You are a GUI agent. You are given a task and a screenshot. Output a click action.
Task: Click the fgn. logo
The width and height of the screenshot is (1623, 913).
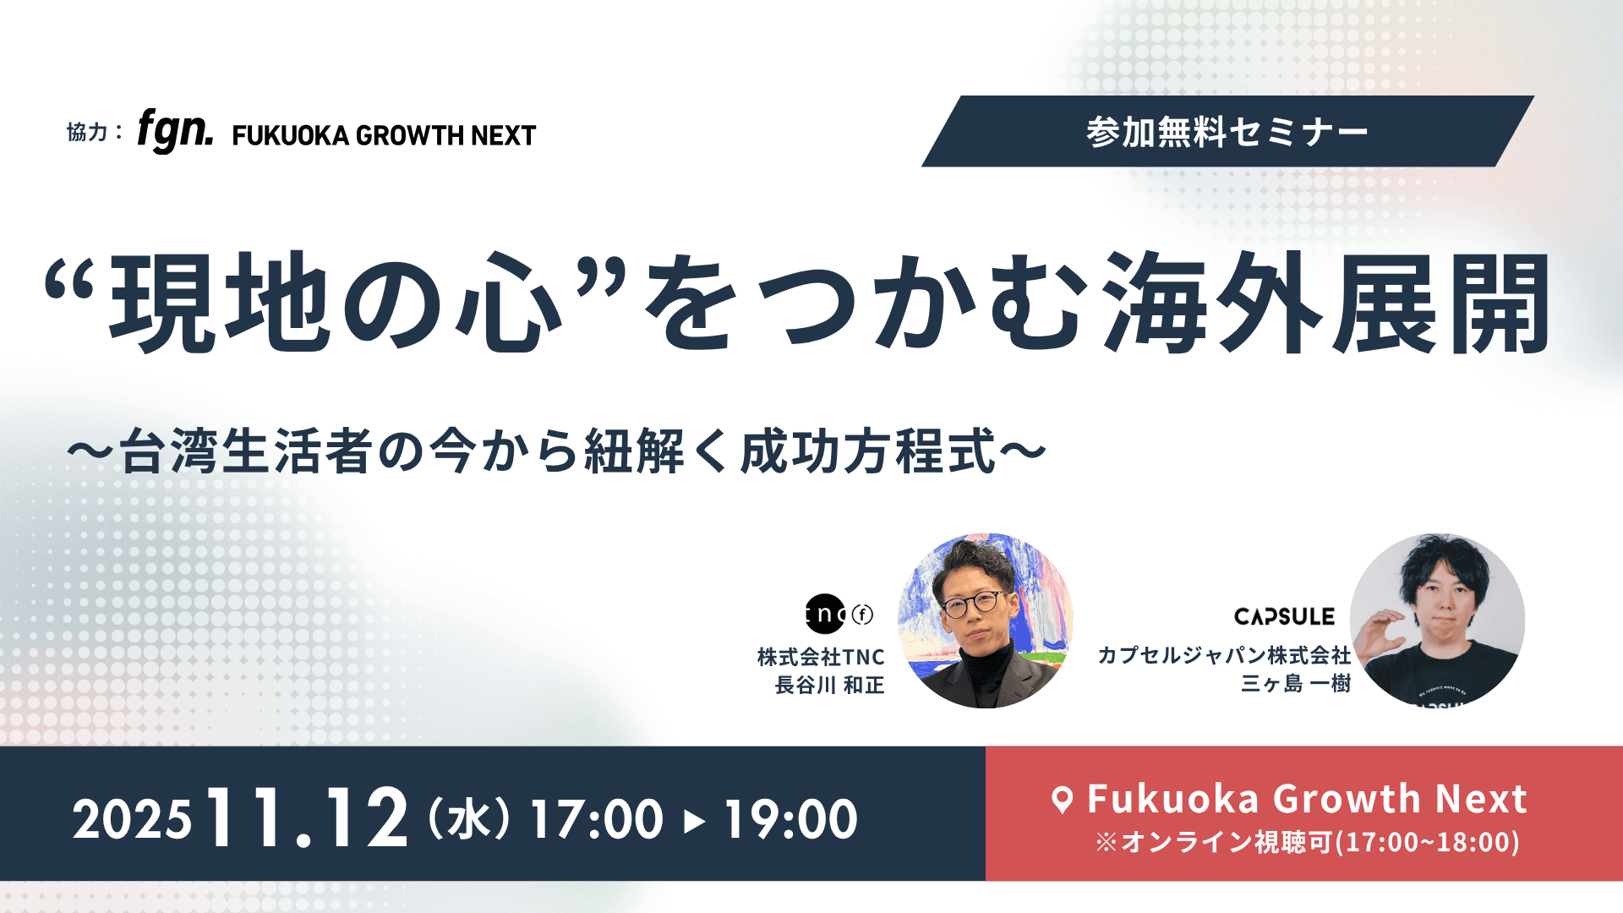175,131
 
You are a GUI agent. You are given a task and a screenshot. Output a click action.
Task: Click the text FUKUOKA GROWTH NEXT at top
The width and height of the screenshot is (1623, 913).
384,135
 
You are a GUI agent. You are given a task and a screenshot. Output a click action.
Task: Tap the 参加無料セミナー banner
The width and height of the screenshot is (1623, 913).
1227,132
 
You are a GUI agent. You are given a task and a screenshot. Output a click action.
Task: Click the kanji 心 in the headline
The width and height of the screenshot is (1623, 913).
510,303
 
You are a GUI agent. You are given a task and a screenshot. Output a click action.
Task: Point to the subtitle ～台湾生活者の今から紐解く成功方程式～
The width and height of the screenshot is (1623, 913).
557,451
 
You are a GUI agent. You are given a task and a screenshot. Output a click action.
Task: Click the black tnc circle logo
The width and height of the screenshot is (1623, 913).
825,615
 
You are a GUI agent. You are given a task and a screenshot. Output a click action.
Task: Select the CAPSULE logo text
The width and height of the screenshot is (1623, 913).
1284,617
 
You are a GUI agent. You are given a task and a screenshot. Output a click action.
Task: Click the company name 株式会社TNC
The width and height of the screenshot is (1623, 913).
821,657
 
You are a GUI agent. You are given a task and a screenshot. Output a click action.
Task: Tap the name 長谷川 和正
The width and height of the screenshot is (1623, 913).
830,685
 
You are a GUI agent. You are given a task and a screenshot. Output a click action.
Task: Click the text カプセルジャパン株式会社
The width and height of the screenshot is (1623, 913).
1224,655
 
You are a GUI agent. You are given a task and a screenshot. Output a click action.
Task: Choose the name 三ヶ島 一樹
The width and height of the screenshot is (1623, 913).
1296,683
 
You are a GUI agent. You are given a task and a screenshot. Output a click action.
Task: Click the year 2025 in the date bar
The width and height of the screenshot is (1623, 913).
132,820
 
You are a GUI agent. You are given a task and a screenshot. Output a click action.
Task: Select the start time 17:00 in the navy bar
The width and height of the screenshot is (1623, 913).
597,819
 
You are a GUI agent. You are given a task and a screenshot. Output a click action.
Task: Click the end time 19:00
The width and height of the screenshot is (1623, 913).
791,819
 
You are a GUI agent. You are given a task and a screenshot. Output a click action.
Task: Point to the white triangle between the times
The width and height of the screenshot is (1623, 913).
694,821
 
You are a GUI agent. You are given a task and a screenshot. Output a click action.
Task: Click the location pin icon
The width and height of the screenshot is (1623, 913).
1063,800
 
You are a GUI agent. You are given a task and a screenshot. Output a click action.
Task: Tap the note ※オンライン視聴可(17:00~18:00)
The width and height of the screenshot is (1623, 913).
1307,842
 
